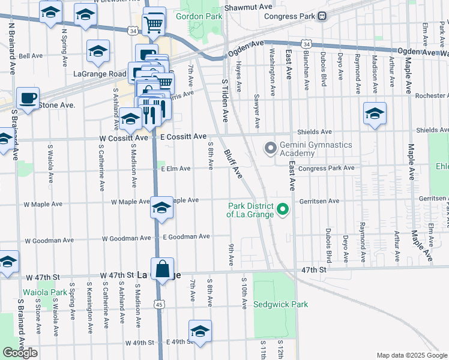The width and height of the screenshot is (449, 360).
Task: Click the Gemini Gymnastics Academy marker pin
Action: [270, 147]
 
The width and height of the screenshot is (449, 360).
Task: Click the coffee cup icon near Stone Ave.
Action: [27, 97]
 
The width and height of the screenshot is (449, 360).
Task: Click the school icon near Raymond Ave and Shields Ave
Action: [375, 113]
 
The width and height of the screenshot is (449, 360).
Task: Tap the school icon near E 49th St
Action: [200, 331]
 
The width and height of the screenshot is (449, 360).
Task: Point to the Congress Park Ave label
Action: [327, 169]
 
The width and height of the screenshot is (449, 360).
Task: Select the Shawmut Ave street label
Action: [240, 7]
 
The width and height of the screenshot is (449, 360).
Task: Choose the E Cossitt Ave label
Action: [184, 137]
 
